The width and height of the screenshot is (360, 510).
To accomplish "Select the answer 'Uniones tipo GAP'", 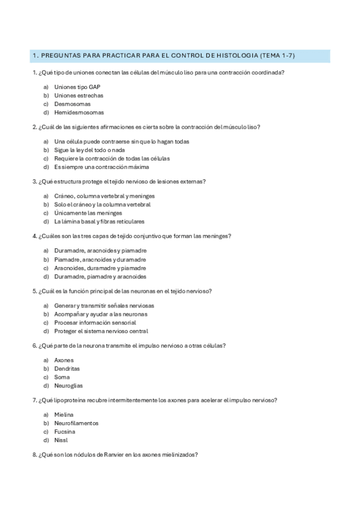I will click(73, 87).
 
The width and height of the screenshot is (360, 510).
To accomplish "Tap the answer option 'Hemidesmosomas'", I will click(79, 112).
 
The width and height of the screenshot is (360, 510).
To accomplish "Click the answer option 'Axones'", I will click(64, 360).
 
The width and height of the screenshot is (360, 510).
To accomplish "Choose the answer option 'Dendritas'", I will click(67, 369).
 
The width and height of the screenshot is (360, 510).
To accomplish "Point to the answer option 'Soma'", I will click(62, 377).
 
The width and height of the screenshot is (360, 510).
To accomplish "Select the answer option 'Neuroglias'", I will click(69, 386).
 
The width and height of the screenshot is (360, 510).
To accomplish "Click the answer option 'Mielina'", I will click(64, 415).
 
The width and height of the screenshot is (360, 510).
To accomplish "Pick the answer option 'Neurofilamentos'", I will click(76, 423).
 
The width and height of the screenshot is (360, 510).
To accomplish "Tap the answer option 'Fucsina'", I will click(65, 432).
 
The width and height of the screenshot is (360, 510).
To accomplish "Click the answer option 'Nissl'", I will click(61, 440).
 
